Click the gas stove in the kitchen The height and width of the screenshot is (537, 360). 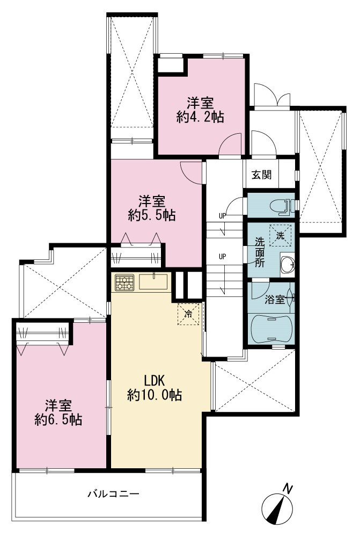(124, 282)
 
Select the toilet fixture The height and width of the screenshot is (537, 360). (282, 207)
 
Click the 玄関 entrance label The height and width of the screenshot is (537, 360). (262, 175)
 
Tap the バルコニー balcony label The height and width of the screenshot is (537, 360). (113, 494)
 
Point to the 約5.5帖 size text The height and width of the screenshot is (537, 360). (152, 215)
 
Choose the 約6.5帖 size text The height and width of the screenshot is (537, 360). (58, 419)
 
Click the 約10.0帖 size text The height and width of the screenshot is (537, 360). (155, 395)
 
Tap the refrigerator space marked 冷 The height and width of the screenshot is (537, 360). (188, 314)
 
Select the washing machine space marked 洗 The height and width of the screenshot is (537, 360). (280, 235)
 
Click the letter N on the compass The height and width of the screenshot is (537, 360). (289, 489)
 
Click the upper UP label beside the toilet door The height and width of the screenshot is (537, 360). (223, 216)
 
